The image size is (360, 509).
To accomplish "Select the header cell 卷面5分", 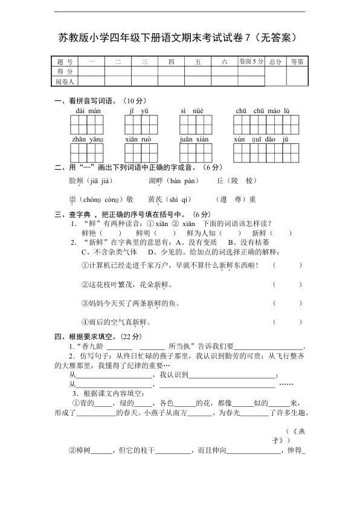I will (x=251, y=62).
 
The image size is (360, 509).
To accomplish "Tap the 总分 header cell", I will (x=276, y=62).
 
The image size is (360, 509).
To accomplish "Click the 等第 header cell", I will (x=297, y=62).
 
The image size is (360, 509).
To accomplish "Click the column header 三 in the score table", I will (x=144, y=62).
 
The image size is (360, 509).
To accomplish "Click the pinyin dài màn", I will (x=88, y=111).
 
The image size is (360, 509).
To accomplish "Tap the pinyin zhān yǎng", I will (x=88, y=140).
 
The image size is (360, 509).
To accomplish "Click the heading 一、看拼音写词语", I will (x=100, y=100).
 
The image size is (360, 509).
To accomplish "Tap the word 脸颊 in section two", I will (x=76, y=181).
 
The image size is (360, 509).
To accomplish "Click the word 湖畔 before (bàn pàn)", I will (x=156, y=181).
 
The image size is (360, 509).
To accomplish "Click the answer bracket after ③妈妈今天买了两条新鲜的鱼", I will (x=288, y=303).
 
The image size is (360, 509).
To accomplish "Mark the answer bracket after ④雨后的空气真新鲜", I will (x=288, y=322).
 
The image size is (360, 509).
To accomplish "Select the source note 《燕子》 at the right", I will (x=293, y=436).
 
